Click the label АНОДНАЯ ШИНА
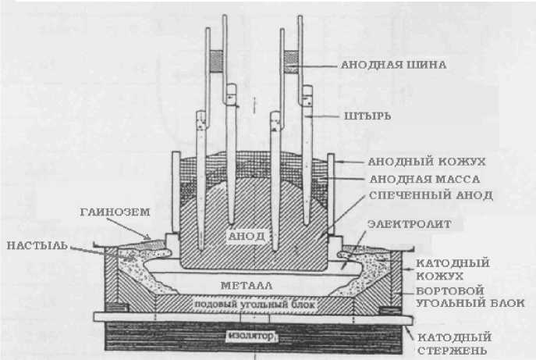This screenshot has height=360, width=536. [x=393, y=66]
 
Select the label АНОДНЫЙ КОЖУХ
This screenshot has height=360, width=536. [x=426, y=162]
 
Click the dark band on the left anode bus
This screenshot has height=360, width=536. [x=217, y=60]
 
